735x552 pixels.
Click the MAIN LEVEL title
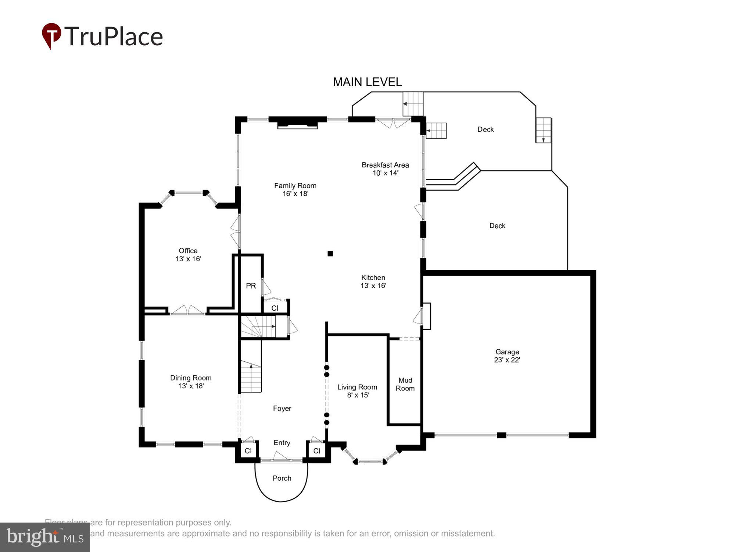pos(367,82)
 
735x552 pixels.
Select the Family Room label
pos(295,186)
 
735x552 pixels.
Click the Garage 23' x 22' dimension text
pos(507,360)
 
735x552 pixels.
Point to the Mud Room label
pos(405,384)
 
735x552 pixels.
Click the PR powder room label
pos(251,286)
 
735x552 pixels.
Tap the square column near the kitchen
pos(330,254)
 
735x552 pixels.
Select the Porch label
pos(282,478)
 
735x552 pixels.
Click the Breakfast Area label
pos(385,165)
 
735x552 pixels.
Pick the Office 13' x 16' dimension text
pos(188,259)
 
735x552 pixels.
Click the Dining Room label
pos(191,378)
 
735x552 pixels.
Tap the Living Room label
pos(357,387)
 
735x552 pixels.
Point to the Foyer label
pos(282,408)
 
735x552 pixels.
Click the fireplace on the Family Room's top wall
pos(297,124)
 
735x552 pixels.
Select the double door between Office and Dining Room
pos(188,311)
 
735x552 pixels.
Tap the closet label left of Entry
pos(248,451)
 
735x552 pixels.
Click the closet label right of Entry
pos(317,451)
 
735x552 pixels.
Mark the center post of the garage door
pos(501,435)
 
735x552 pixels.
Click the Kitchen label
pos(373,277)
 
